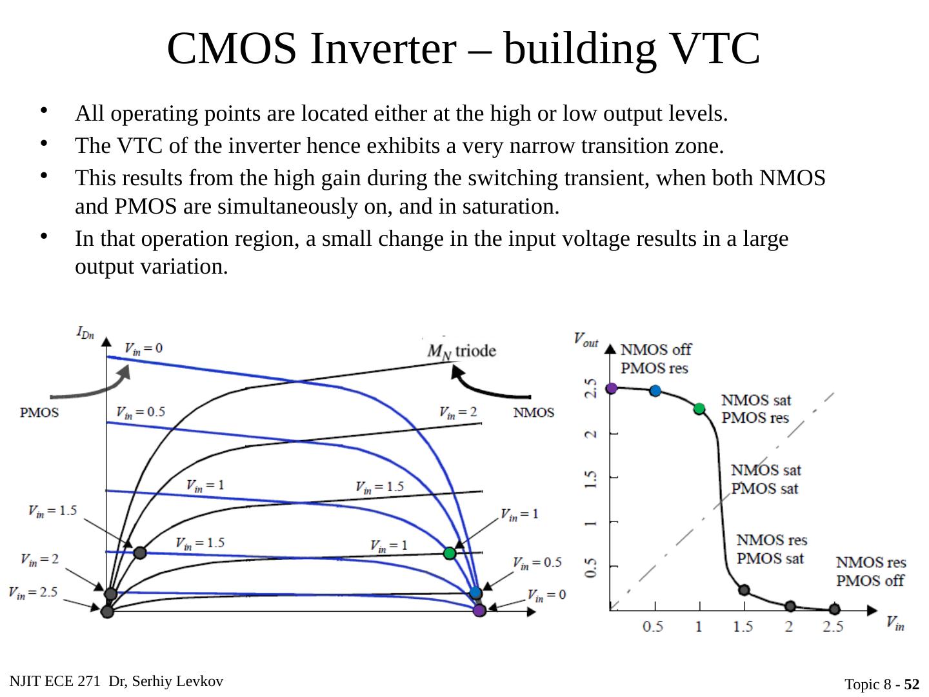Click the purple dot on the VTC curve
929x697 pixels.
point(612,388)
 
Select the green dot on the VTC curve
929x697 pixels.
point(699,409)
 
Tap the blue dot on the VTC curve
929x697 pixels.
point(655,390)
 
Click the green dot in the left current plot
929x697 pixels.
point(450,553)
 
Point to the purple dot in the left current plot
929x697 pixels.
point(479,610)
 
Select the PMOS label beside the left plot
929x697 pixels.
point(40,412)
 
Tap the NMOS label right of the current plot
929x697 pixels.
point(534,412)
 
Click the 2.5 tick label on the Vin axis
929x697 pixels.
point(833,627)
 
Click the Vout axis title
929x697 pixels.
point(586,338)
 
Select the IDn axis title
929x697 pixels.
point(85,332)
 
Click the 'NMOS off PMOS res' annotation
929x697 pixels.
point(655,359)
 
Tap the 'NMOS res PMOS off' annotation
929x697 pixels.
point(871,571)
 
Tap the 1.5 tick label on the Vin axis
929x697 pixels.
point(743,627)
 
